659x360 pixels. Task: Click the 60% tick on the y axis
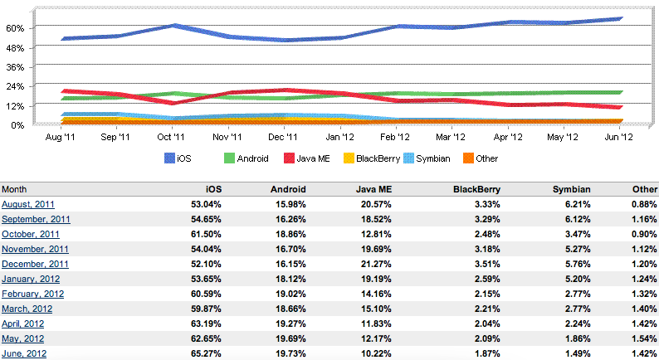(x=15, y=27)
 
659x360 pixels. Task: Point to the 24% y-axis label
(x=15, y=86)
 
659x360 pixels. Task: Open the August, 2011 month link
(x=29, y=204)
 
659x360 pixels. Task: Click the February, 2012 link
(x=32, y=294)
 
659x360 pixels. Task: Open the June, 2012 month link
(x=24, y=353)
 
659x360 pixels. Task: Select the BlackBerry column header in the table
(x=476, y=189)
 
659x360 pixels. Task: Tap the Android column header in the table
(x=288, y=189)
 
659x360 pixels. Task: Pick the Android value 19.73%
(x=290, y=353)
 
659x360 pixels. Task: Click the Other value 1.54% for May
(x=642, y=338)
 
